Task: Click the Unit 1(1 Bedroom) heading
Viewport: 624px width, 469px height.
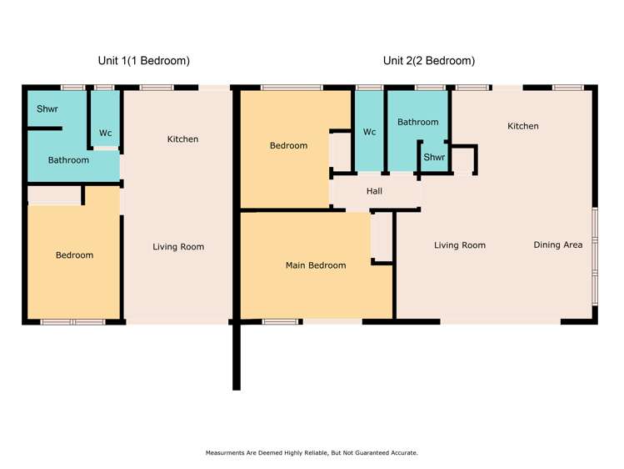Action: pyautogui.click(x=143, y=61)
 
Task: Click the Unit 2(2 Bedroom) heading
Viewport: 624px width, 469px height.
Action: pyautogui.click(x=429, y=61)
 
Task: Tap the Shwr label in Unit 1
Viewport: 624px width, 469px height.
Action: pyautogui.click(x=47, y=108)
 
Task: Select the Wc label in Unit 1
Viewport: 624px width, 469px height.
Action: pyautogui.click(x=106, y=133)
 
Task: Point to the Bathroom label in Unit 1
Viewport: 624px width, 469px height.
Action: pyautogui.click(x=68, y=160)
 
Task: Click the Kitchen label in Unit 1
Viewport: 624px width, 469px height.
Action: pyautogui.click(x=182, y=139)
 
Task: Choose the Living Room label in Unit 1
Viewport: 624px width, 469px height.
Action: pyautogui.click(x=178, y=247)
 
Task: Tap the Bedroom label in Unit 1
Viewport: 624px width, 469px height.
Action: pyautogui.click(x=74, y=255)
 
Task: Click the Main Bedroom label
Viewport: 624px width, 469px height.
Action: pyautogui.click(x=316, y=265)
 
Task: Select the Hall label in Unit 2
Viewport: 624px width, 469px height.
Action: pyautogui.click(x=374, y=191)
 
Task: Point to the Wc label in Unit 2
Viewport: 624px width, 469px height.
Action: pyautogui.click(x=370, y=132)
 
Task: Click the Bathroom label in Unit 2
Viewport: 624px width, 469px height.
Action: pyautogui.click(x=418, y=122)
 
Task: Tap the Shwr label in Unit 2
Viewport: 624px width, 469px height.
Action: pyautogui.click(x=434, y=157)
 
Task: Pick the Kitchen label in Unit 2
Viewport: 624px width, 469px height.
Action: pyautogui.click(x=523, y=126)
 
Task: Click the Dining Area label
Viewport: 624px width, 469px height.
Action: pyautogui.click(x=558, y=245)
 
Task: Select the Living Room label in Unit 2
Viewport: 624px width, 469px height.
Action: pyautogui.click(x=460, y=245)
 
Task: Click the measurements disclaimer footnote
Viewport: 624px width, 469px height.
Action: pyautogui.click(x=312, y=452)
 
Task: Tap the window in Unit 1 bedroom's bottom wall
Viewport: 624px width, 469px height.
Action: pyautogui.click(x=72, y=322)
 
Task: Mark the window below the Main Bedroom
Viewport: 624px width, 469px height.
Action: pyautogui.click(x=280, y=321)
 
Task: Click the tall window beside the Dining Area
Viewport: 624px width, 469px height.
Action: pyautogui.click(x=595, y=257)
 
